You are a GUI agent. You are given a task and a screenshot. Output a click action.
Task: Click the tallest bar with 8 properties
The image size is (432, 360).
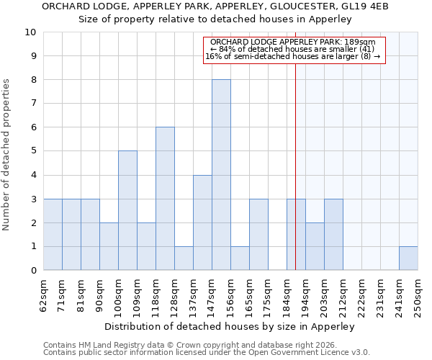(221, 175)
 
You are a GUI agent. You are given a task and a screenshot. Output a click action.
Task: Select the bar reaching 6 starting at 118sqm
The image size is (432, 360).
(165, 199)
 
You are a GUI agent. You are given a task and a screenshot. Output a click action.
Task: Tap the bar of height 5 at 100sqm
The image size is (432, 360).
(127, 210)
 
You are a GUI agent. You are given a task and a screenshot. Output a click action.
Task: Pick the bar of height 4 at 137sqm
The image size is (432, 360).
(202, 222)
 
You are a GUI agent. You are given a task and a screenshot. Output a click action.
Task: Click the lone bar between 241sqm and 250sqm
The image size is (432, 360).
(408, 258)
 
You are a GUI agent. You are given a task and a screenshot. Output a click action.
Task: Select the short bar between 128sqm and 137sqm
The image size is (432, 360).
(184, 258)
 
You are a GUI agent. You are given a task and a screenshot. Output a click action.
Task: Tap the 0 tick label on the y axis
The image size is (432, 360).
(33, 271)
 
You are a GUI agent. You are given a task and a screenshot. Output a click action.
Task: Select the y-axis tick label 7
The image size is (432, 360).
(33, 104)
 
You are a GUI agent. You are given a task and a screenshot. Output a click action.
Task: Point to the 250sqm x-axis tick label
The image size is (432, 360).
(418, 295)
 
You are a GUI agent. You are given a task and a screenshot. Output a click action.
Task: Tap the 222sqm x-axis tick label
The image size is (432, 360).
(362, 295)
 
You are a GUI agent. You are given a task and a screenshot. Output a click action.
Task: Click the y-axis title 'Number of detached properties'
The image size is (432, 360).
(7, 155)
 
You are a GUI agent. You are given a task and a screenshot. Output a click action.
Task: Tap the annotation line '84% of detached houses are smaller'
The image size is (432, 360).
(295, 49)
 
